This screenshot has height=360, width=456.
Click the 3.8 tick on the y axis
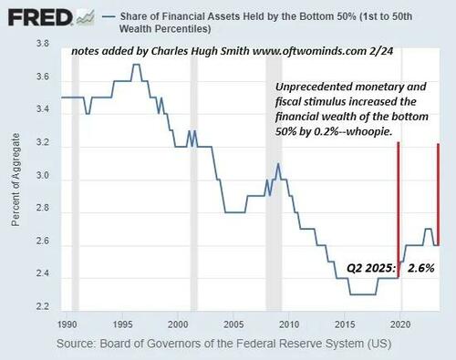click(42, 44)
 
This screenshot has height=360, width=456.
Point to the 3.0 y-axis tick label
click(42, 178)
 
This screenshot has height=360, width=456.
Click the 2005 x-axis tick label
click(233, 324)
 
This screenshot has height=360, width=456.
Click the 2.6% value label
click(420, 269)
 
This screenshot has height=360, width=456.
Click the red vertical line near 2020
click(398, 210)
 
